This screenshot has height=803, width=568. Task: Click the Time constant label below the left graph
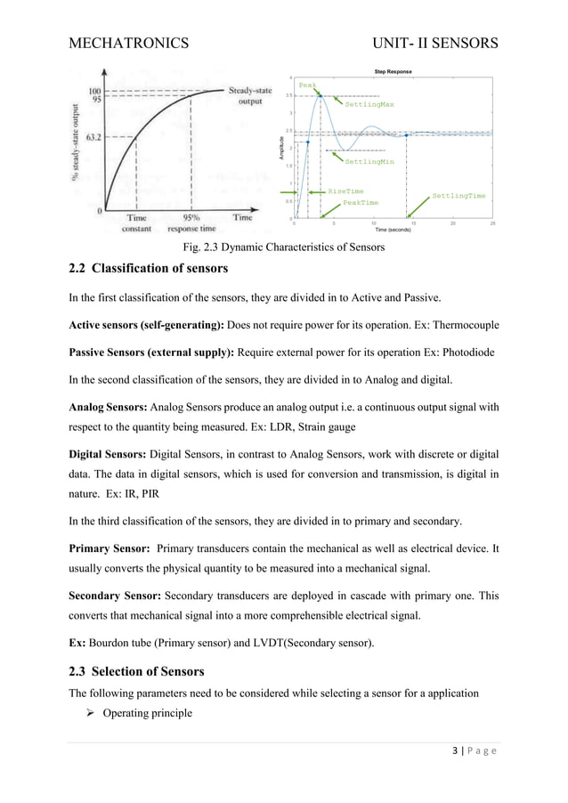click(136, 223)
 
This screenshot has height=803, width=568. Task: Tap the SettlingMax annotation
click(369, 104)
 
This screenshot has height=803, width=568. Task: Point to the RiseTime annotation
click(345, 191)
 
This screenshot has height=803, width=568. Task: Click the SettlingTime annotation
click(458, 195)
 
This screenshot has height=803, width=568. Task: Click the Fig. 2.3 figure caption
click(283, 247)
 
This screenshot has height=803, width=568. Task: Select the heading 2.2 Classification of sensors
click(149, 269)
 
